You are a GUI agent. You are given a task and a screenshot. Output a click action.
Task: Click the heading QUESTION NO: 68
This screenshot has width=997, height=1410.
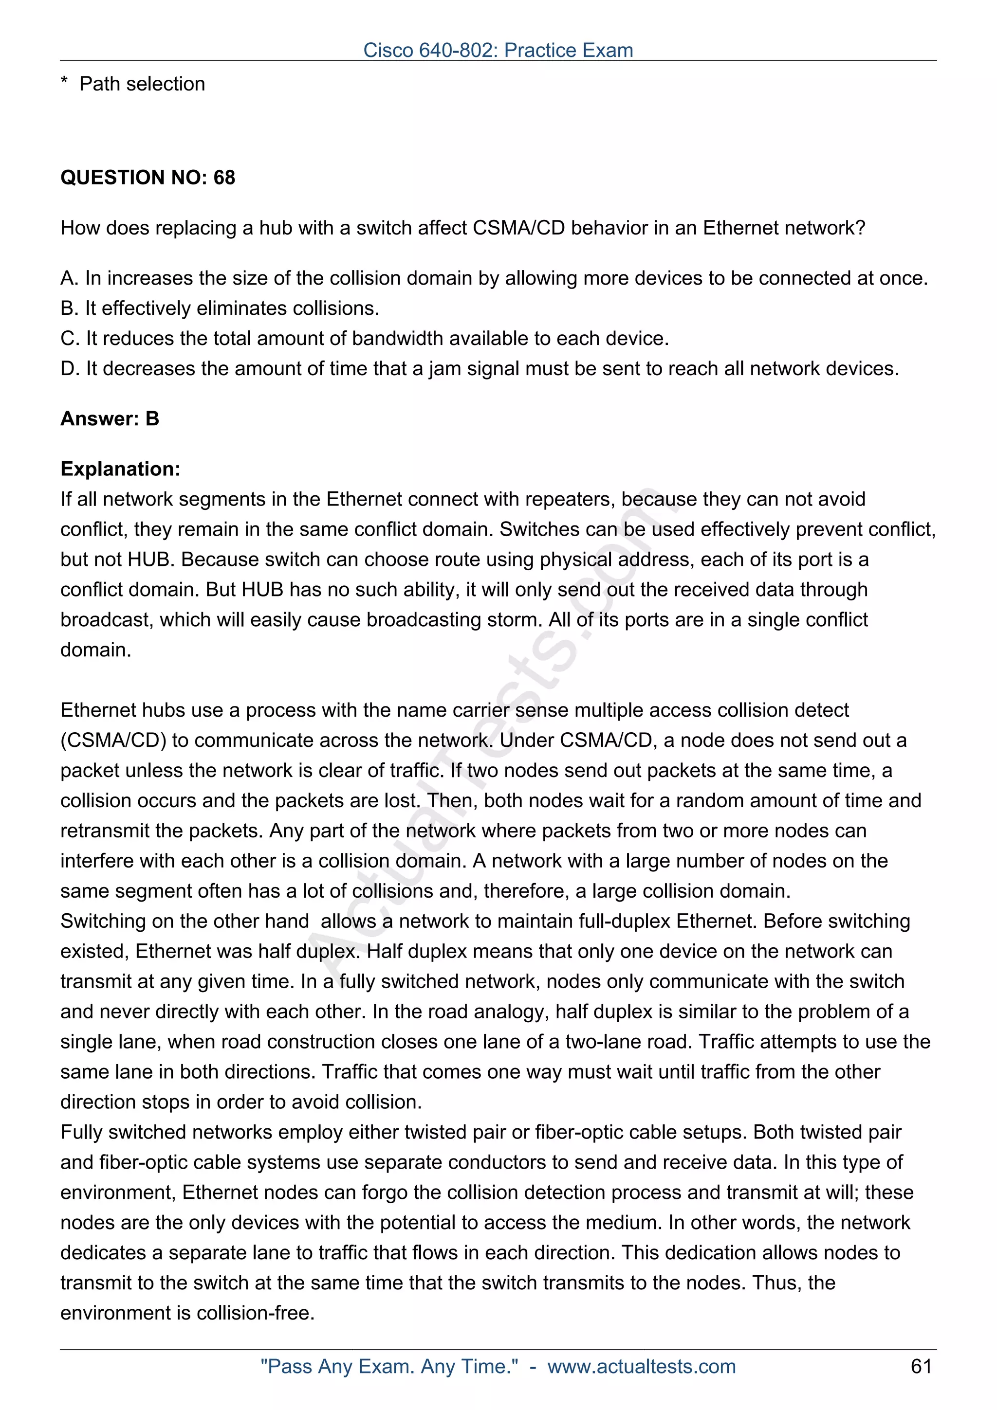(148, 178)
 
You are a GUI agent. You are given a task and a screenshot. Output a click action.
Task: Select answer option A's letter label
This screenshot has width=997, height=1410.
(69, 278)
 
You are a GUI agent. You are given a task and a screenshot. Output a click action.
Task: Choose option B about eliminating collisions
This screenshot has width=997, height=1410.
(220, 308)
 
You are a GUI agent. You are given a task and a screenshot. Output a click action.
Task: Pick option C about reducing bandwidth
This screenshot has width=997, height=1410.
(364, 338)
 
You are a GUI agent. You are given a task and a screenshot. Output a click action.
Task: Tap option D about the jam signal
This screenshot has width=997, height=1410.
(479, 368)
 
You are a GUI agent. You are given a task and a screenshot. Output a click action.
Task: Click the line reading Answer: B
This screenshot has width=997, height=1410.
(110, 419)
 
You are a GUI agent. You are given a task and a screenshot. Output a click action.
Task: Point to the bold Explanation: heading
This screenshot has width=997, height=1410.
(120, 469)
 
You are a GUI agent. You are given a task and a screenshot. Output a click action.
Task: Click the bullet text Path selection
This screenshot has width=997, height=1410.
(142, 84)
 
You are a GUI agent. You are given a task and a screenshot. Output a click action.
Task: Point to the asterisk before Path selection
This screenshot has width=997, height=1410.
(64, 84)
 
